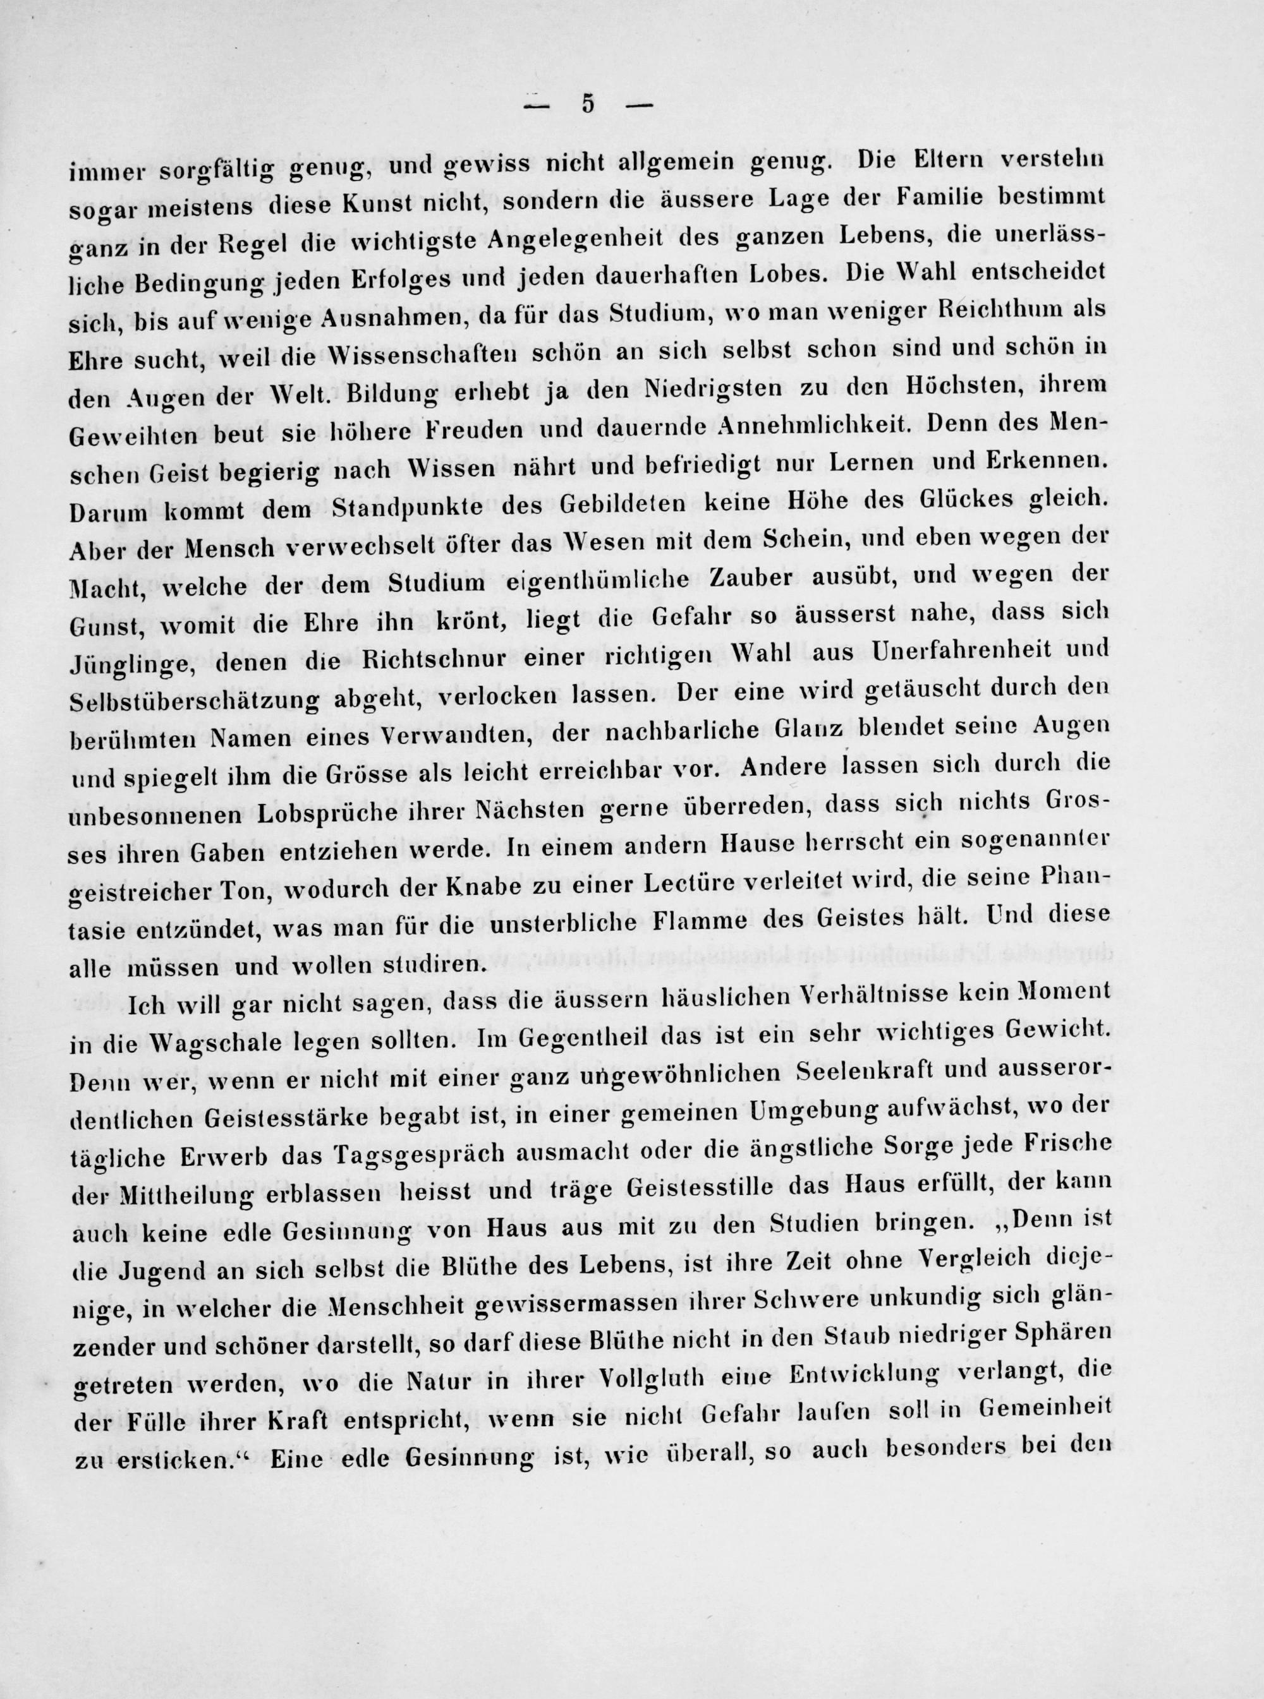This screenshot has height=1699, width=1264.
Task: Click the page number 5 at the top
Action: click(588, 105)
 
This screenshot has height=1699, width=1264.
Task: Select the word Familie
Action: click(948, 198)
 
